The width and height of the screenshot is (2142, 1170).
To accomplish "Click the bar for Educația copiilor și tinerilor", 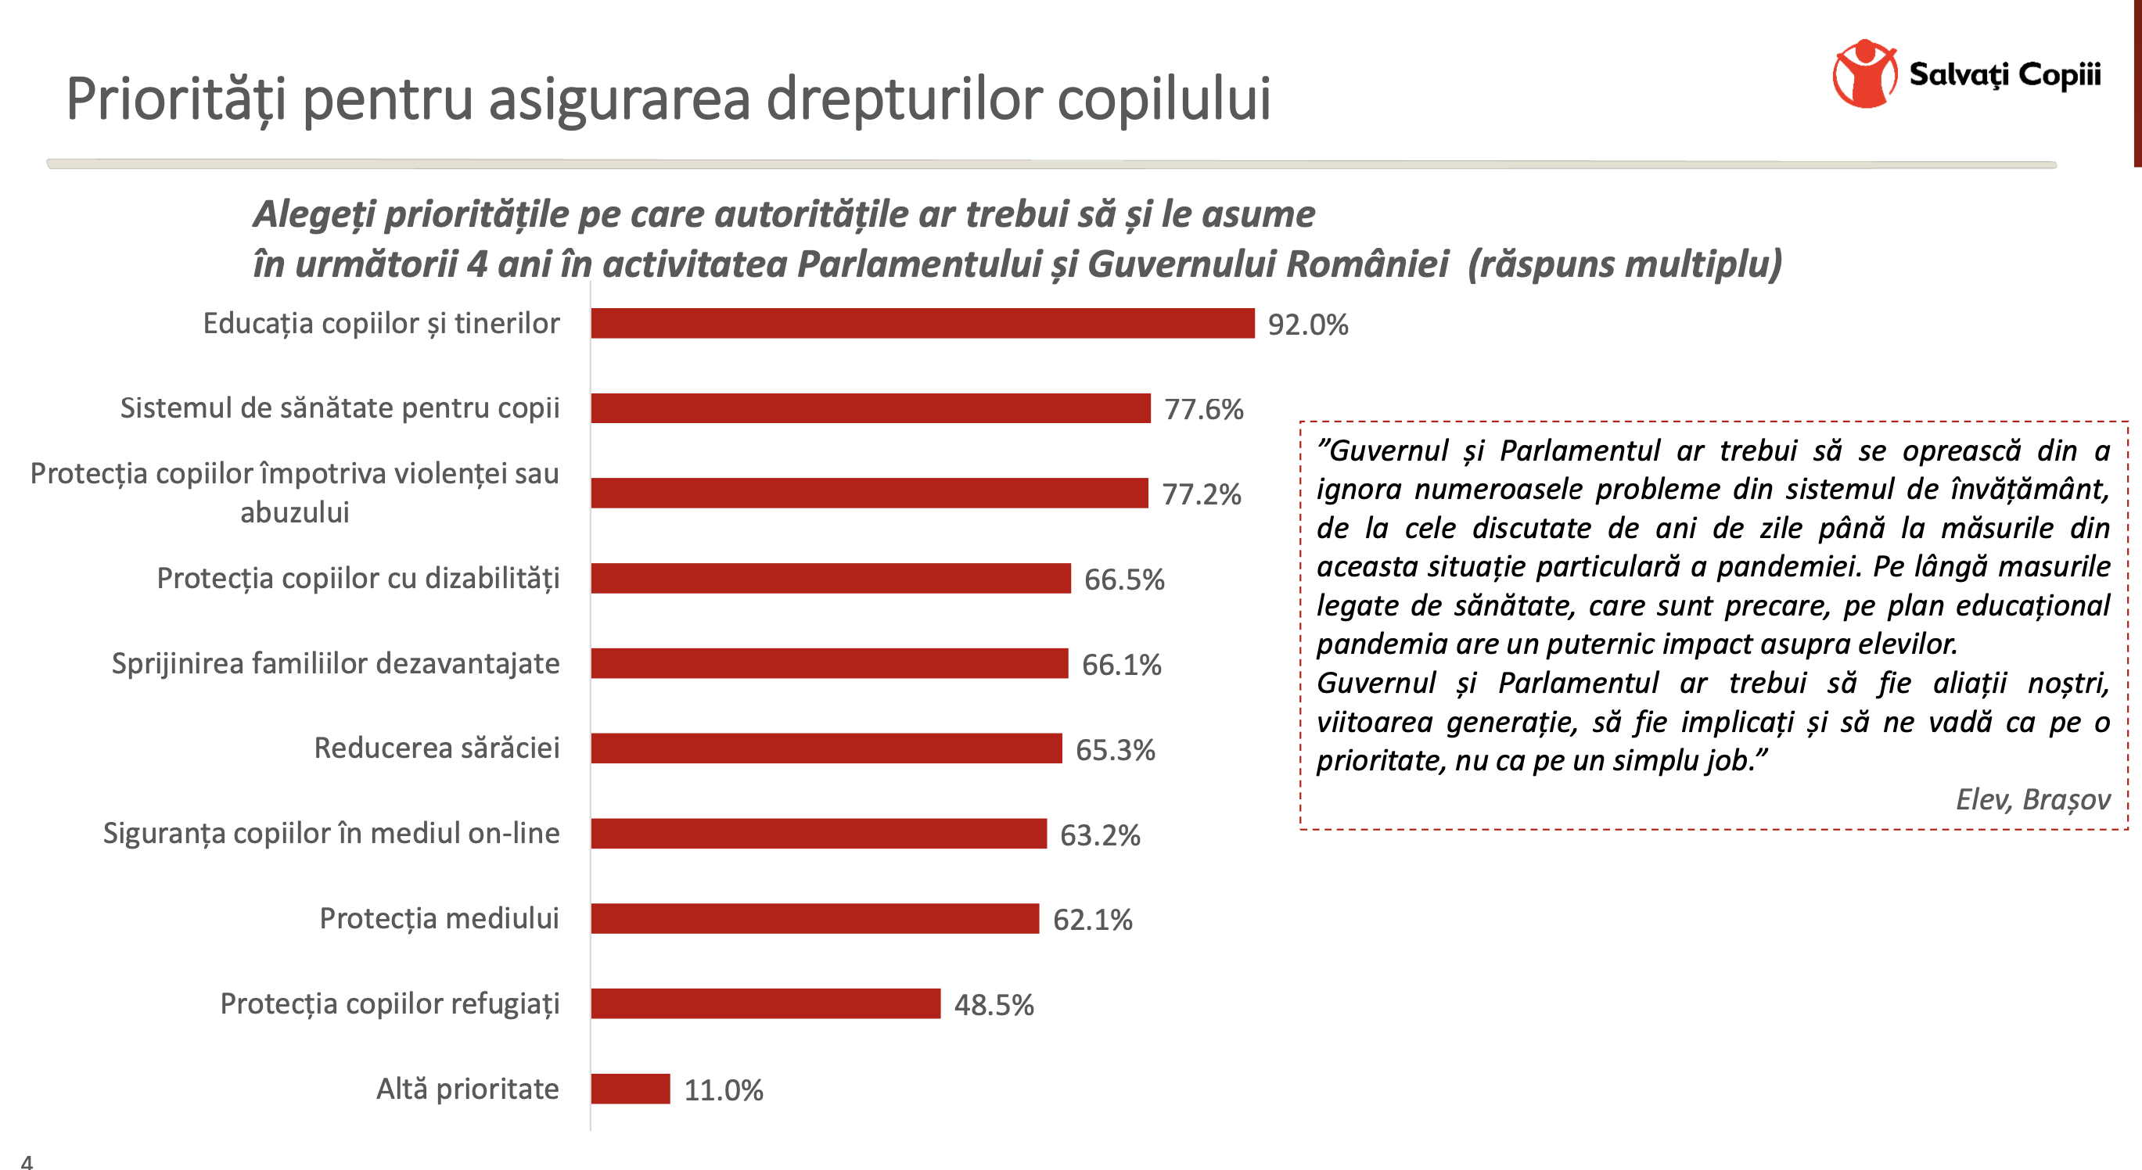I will [x=922, y=323].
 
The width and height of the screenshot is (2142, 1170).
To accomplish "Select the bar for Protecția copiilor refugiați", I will [x=765, y=1003].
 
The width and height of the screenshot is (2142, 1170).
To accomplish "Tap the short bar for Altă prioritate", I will [x=631, y=1089].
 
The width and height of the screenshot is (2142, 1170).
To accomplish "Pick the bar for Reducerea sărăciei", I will [x=825, y=748].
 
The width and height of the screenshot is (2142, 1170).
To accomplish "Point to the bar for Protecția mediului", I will [x=815, y=918].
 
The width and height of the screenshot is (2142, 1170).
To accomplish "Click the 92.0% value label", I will [x=1307, y=325].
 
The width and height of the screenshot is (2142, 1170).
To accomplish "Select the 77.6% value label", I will [x=1203, y=409].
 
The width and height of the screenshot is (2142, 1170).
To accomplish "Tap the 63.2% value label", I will [x=1099, y=835].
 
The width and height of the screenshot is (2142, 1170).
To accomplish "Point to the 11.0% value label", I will [x=723, y=1090].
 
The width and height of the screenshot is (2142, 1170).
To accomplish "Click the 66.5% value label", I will [x=1123, y=580].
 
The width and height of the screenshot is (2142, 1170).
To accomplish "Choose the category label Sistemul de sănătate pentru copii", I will [x=340, y=407].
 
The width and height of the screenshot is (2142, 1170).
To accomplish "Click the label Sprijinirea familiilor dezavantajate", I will [x=335, y=663].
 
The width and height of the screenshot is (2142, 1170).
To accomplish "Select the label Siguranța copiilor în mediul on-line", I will [x=331, y=833].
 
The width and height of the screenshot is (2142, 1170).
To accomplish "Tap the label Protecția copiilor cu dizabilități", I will [x=358, y=578].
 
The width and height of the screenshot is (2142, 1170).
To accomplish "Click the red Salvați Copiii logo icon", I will [x=1864, y=74].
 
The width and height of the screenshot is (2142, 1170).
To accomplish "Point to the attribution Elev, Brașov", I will [x=2032, y=799].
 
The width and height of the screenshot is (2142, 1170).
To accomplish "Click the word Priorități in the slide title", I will [x=175, y=99].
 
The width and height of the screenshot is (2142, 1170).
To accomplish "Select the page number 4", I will [x=27, y=1161].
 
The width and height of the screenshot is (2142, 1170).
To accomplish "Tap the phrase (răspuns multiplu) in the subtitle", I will [x=1624, y=264].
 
